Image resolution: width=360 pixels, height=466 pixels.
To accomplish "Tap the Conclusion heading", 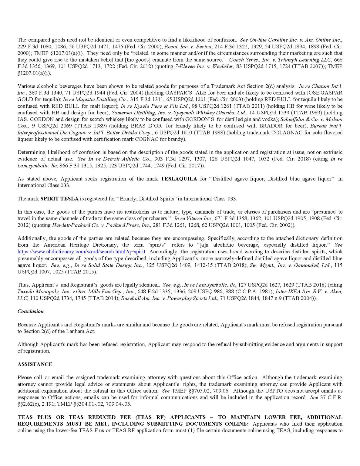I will click(x=30, y=311).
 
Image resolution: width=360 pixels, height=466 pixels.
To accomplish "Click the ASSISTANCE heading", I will click(x=35, y=364).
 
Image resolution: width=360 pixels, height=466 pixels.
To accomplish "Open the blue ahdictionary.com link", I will click(x=82, y=252).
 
